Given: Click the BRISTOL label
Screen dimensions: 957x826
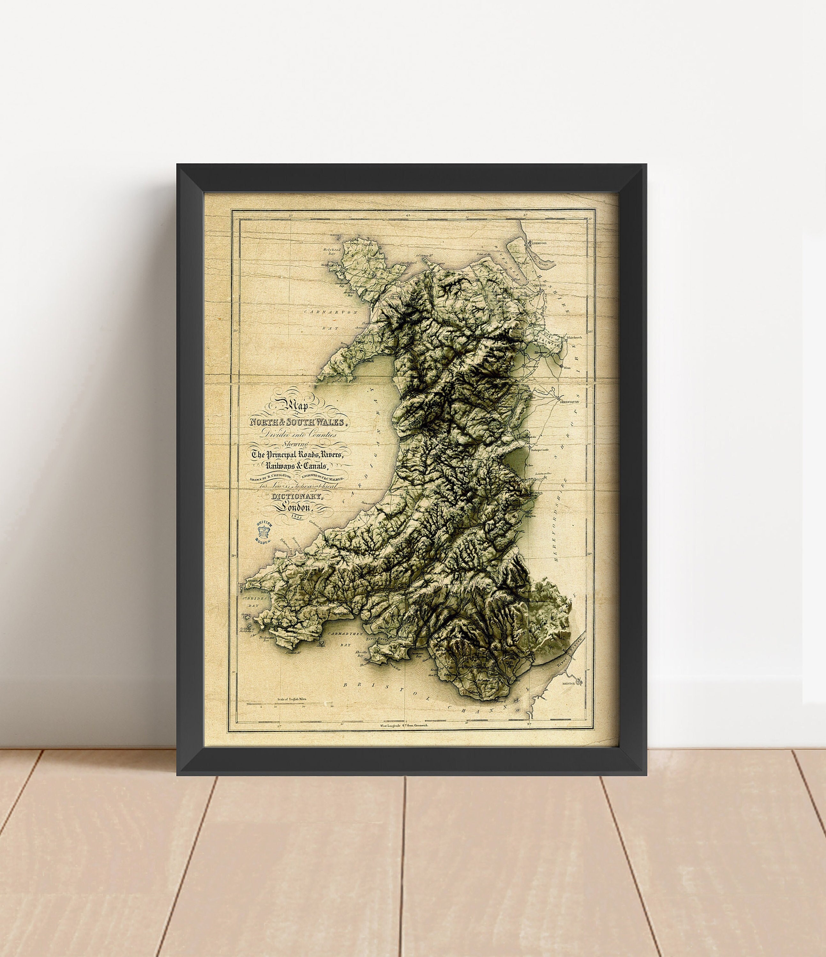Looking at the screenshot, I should point(568,683).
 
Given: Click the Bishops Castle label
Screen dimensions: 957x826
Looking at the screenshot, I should point(539,449).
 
